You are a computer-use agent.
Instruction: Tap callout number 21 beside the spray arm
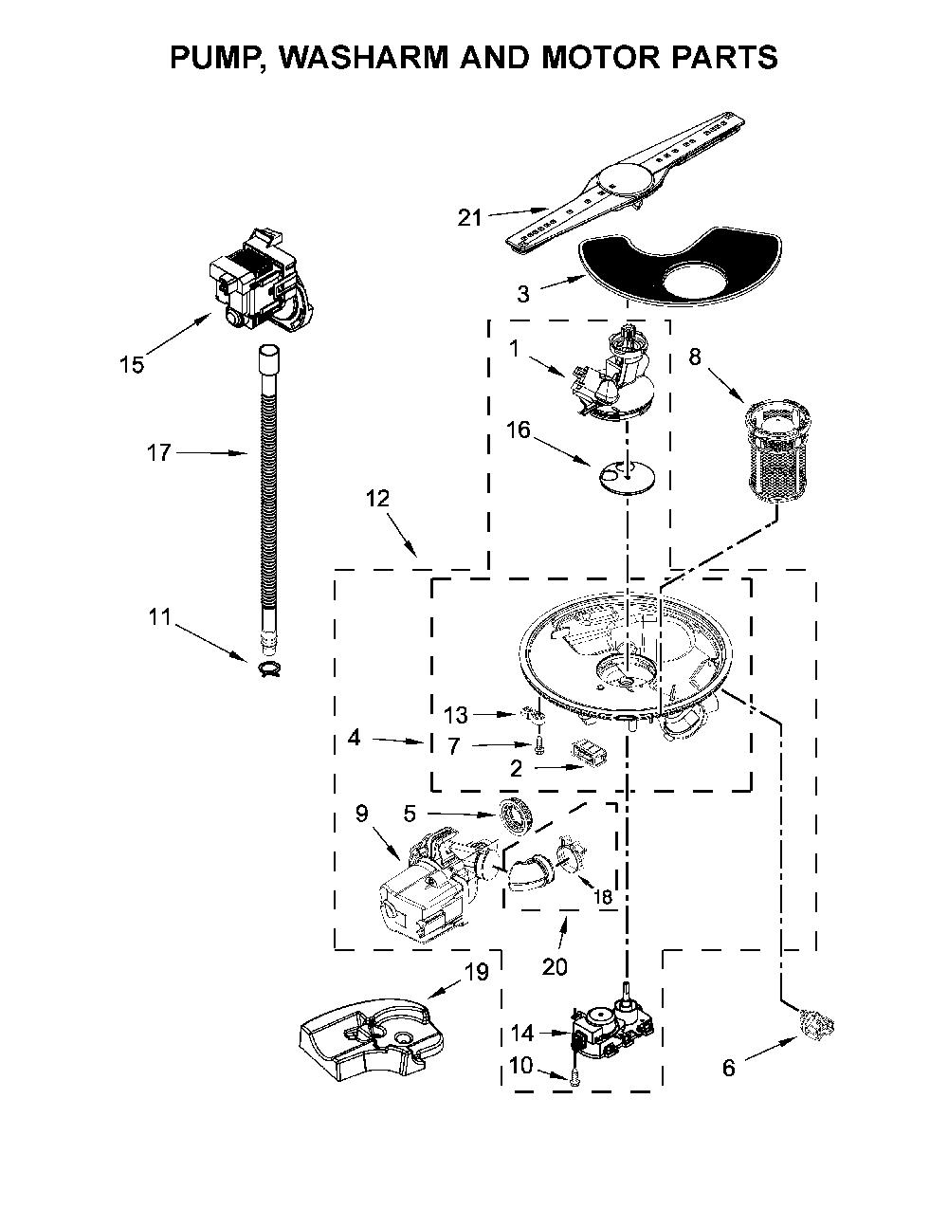click(x=469, y=217)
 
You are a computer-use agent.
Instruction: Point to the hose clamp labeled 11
click(x=270, y=668)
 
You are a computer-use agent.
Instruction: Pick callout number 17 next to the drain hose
click(x=158, y=451)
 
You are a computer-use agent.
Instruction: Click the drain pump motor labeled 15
click(x=261, y=282)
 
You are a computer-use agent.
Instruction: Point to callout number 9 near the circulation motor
click(x=361, y=814)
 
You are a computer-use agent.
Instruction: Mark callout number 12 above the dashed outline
click(x=377, y=499)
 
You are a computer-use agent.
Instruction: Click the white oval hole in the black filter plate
click(x=694, y=280)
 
